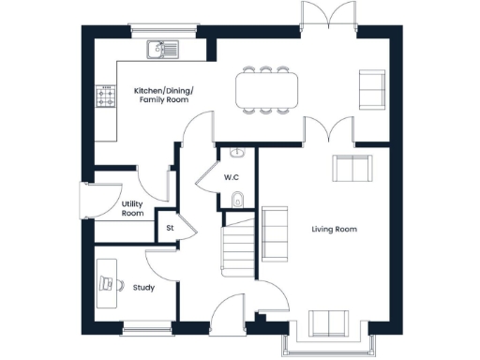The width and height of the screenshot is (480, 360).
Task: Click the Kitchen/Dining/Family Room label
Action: [x=163, y=94]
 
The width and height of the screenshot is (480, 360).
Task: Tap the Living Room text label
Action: [x=334, y=229]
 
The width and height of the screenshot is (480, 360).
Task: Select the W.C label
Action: [x=232, y=177]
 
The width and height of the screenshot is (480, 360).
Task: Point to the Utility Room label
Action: [x=133, y=209]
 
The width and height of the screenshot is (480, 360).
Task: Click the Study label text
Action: [x=143, y=287]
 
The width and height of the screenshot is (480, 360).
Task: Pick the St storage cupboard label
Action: [x=170, y=228]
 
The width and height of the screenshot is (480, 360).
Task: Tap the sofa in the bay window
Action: [x=329, y=322]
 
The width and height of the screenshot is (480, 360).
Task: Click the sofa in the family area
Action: [x=372, y=90]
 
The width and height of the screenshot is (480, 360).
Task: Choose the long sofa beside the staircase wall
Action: [x=275, y=233]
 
